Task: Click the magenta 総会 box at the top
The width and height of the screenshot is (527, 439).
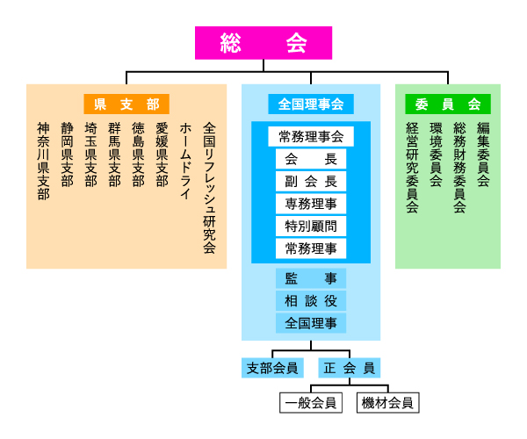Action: coord(263,42)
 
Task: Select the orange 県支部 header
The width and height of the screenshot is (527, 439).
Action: coord(126,104)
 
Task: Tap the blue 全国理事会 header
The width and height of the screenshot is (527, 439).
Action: coord(310,104)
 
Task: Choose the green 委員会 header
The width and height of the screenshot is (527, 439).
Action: coord(448,104)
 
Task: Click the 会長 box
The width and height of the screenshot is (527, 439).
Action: coord(310,159)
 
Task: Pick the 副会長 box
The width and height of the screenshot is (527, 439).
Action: coord(310,182)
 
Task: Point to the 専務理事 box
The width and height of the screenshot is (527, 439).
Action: coord(310,204)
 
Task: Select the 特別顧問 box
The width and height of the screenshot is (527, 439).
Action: coord(310,227)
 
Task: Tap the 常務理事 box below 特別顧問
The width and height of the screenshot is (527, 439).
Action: coord(310,248)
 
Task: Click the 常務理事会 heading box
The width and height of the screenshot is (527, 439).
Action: coord(310,136)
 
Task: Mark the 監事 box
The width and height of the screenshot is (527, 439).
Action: coord(310,278)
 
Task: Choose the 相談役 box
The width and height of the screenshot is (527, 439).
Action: coord(310,300)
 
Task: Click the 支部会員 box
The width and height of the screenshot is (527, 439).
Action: coord(272,367)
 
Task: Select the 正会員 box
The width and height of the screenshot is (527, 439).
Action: coord(349,367)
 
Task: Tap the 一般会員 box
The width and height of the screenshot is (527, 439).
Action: coord(311,403)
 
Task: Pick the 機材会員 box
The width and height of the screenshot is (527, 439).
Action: coord(387,403)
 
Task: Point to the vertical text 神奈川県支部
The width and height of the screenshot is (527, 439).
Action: coord(43,162)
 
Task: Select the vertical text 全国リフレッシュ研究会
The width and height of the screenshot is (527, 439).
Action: coord(209,187)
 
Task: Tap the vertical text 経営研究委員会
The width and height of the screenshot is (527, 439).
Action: coord(412,168)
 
